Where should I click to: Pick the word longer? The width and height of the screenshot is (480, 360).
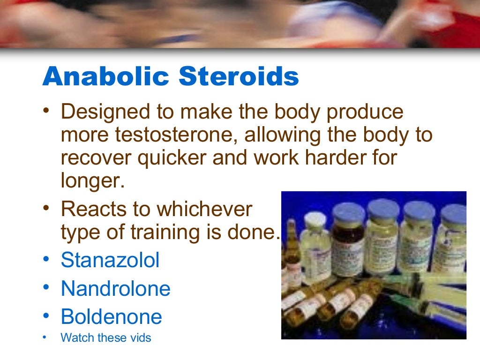pos(92,181)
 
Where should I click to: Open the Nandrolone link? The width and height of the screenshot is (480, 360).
pos(115,289)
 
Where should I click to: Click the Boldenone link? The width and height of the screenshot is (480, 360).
pos(111,317)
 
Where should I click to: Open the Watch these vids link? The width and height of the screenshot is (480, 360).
pos(106,337)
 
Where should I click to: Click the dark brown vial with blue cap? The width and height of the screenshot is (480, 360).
pos(347,244)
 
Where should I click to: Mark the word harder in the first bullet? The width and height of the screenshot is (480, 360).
pos(330,158)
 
